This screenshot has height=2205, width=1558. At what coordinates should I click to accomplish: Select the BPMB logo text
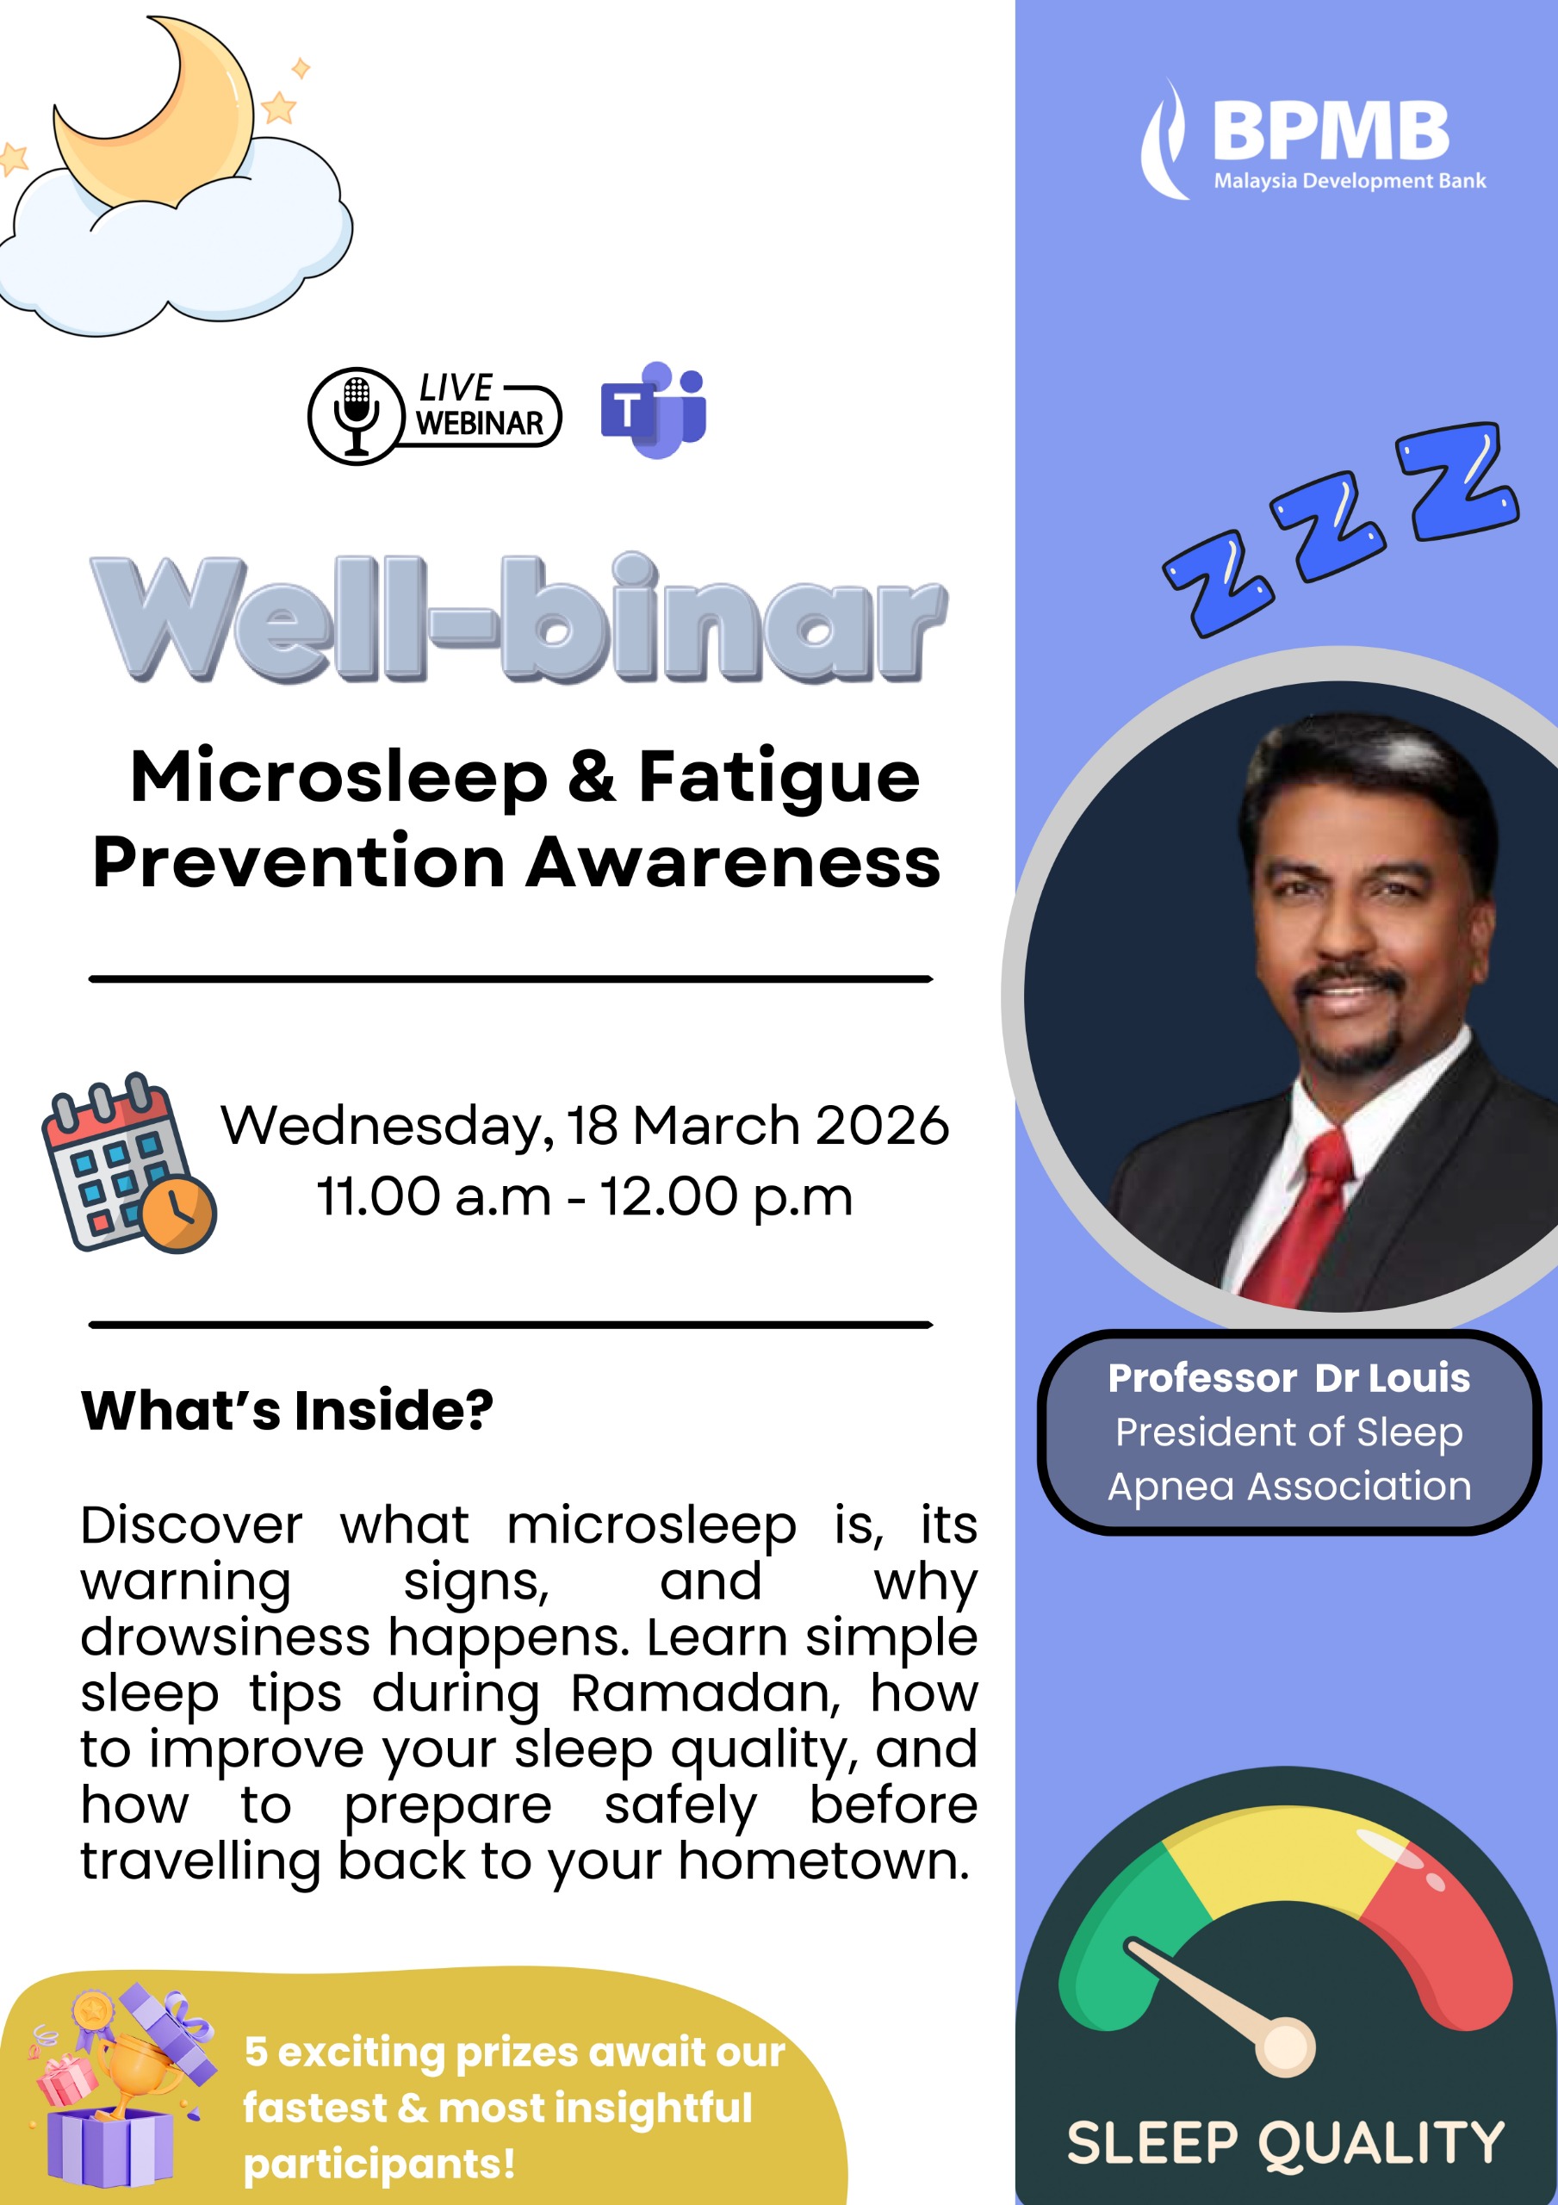1331,131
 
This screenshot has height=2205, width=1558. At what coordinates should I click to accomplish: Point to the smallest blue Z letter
1218,582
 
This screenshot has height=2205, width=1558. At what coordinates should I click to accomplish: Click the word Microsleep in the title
339,778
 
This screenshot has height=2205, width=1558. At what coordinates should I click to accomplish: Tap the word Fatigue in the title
779,778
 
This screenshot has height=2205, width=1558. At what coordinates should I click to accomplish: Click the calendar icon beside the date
128,1163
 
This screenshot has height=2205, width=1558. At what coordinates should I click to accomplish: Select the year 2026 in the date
882,1126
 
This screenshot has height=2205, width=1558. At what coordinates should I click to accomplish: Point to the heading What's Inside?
286,1410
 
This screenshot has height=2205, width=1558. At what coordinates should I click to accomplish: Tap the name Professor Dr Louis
1289,1378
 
